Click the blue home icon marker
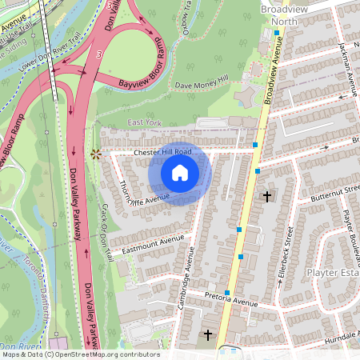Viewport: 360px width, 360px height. point(180,173)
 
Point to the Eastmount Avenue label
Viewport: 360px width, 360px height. point(153,245)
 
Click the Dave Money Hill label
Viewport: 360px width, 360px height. point(202,84)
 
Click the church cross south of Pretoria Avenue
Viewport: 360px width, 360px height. point(208,334)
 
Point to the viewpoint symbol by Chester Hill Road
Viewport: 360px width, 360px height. point(96,153)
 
